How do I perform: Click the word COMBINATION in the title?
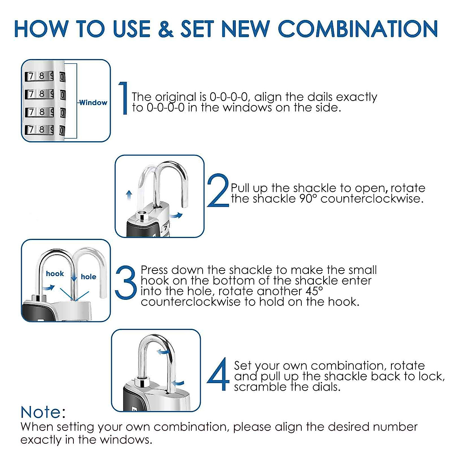[358, 29]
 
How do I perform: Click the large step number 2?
[218, 190]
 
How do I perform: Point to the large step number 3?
[126, 282]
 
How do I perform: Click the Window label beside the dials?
[93, 102]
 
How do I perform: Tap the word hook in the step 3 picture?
[55, 273]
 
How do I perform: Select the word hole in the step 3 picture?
[89, 276]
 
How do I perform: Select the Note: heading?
[43, 412]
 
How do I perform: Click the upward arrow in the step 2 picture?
[129, 195]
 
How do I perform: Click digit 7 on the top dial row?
[31, 76]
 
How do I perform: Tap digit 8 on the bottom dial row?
[41, 129]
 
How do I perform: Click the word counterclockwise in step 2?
[372, 199]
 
